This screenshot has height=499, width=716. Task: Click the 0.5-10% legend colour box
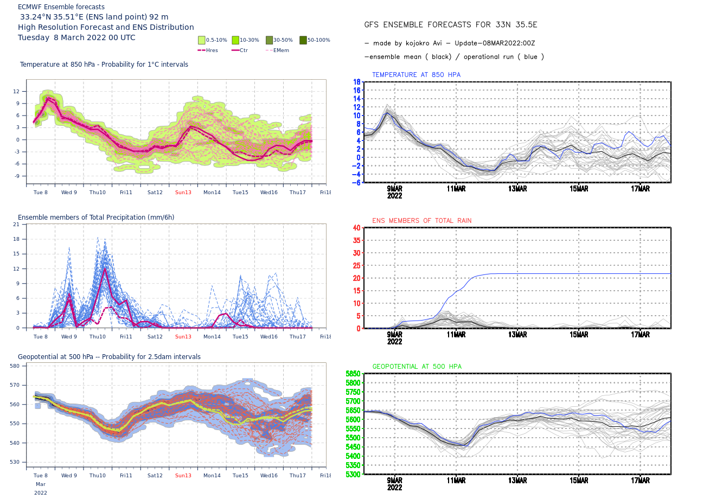coord(202,40)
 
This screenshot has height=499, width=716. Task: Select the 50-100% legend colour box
coord(303,40)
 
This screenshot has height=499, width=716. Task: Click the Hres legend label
coord(212,50)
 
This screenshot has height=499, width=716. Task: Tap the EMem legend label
coord(281,50)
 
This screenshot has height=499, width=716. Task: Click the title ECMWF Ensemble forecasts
coord(61,7)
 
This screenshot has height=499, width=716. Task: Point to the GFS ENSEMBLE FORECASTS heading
coord(450,25)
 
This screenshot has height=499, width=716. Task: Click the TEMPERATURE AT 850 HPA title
coord(416,75)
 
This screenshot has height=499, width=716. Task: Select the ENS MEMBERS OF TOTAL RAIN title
coord(421,221)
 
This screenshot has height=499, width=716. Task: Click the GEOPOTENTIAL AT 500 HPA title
coord(417,367)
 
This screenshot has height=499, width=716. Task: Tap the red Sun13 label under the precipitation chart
coord(183,337)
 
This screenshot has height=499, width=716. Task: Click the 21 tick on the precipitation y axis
coord(16,225)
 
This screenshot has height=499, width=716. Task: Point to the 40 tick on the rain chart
coord(356,228)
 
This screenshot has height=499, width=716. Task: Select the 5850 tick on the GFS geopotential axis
coord(353,374)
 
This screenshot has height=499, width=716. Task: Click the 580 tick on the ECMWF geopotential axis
coord(15,366)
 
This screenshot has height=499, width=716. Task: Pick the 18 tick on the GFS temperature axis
coord(357,82)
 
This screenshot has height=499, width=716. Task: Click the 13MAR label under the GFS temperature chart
coord(517,189)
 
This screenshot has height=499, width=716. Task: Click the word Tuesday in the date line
coord(34,37)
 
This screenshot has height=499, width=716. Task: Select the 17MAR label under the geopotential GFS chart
coord(640,481)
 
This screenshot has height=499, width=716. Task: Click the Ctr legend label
coord(244,50)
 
